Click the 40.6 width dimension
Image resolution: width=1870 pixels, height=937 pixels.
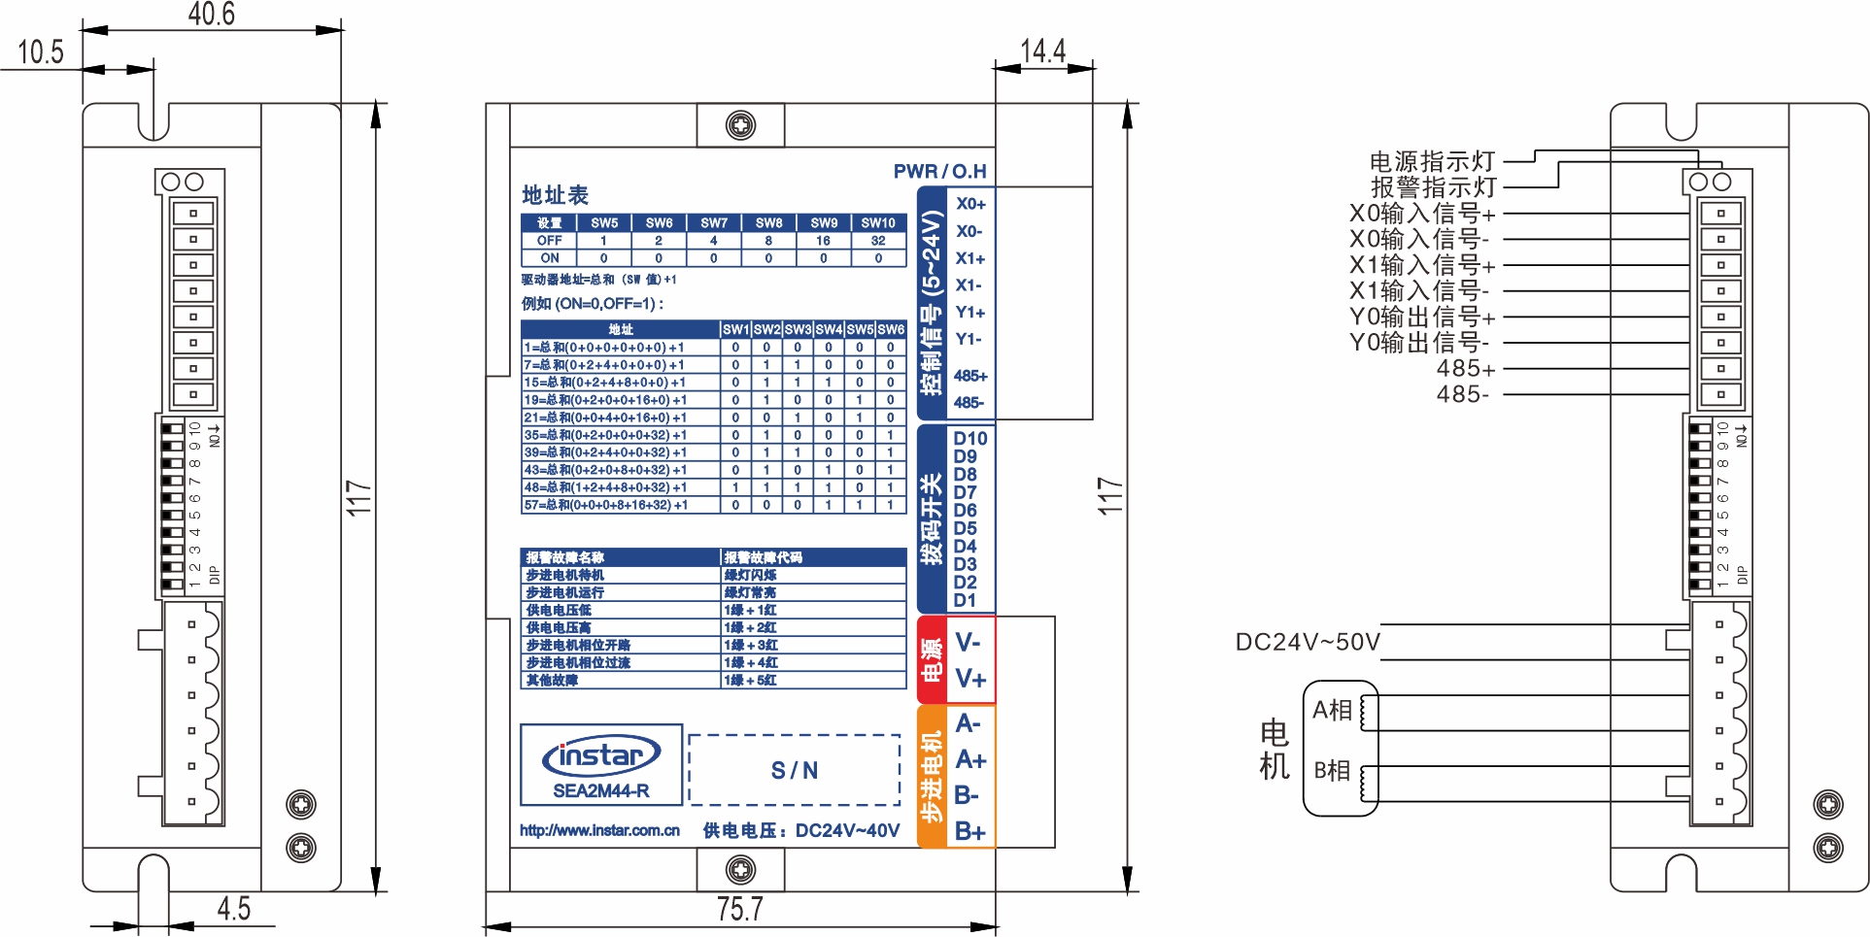coord(211,14)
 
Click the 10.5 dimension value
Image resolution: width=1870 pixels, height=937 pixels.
coord(40,51)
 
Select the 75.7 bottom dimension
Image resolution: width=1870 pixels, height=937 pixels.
coord(739,909)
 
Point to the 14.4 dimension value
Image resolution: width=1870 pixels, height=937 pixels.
coord(1042,50)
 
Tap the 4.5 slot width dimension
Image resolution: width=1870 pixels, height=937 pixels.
coord(233,909)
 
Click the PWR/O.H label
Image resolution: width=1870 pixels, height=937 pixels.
coord(939,172)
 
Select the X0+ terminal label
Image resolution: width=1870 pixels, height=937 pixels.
coord(970,204)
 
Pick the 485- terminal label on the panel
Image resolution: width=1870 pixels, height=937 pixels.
coord(969,402)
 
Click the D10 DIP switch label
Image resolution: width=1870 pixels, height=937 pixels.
coord(969,439)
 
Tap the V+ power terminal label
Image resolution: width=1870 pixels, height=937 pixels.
coord(970,679)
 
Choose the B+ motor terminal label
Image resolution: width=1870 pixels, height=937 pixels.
coord(969,831)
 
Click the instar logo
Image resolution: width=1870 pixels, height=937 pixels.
coord(601,755)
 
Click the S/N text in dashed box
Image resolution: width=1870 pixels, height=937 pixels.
coord(795,771)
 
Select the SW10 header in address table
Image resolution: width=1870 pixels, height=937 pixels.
coord(878,222)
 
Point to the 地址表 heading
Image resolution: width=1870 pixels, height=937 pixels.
coord(555,195)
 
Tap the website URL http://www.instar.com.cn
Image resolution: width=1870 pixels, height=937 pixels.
coord(599,831)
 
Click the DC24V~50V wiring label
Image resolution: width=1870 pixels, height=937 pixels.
coord(1307,643)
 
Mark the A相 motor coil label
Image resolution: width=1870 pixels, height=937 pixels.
coord(1332,710)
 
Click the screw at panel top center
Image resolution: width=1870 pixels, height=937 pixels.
coord(740,125)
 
